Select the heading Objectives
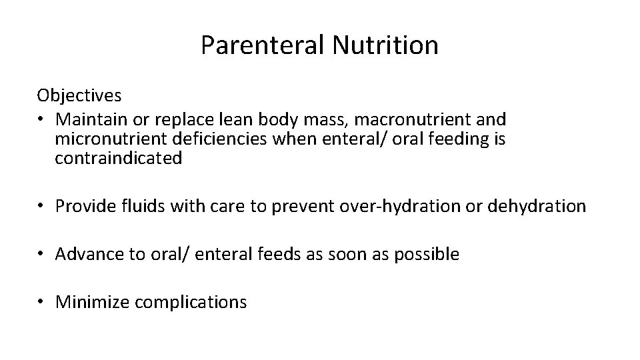click(x=79, y=95)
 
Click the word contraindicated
click(x=119, y=159)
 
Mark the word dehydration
click(x=537, y=207)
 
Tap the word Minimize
click(x=93, y=302)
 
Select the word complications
click(x=191, y=303)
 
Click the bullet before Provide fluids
click(x=41, y=207)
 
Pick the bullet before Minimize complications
click(x=41, y=302)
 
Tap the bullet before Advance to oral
click(x=41, y=254)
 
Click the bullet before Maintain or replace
click(x=41, y=120)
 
